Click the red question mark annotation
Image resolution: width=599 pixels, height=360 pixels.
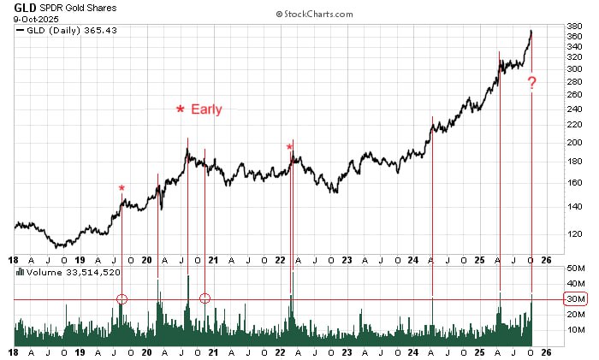coord(531,83)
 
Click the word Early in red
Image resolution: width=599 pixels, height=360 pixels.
coord(206,109)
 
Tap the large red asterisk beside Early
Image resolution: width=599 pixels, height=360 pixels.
coord(181,109)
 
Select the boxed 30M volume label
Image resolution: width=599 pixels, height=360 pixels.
coord(574,298)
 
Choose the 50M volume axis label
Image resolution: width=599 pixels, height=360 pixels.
coord(574,269)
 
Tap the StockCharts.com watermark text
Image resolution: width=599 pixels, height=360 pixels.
coord(314,15)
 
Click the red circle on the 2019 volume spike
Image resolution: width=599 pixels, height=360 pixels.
coord(122,298)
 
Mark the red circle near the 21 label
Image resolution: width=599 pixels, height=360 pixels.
coord(205,298)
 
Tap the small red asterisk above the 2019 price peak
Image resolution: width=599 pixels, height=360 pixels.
coord(122,188)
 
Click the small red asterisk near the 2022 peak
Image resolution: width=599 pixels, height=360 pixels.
coord(289,147)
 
